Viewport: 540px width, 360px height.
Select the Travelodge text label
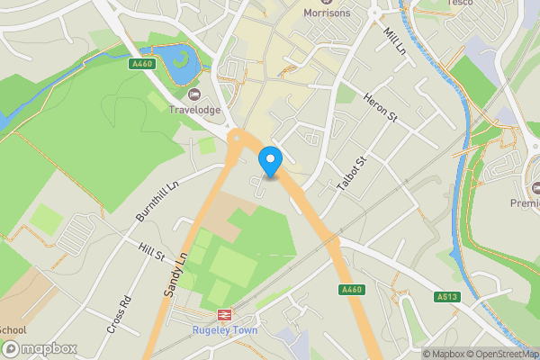click(x=194, y=110)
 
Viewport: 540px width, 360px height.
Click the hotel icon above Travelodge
click(x=194, y=94)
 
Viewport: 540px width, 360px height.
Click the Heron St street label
click(x=381, y=107)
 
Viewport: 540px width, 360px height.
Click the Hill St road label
click(x=151, y=252)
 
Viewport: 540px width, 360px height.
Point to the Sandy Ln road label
click(x=175, y=274)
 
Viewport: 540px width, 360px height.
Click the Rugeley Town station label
click(x=224, y=330)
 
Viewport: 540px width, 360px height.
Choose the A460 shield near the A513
click(x=352, y=290)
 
